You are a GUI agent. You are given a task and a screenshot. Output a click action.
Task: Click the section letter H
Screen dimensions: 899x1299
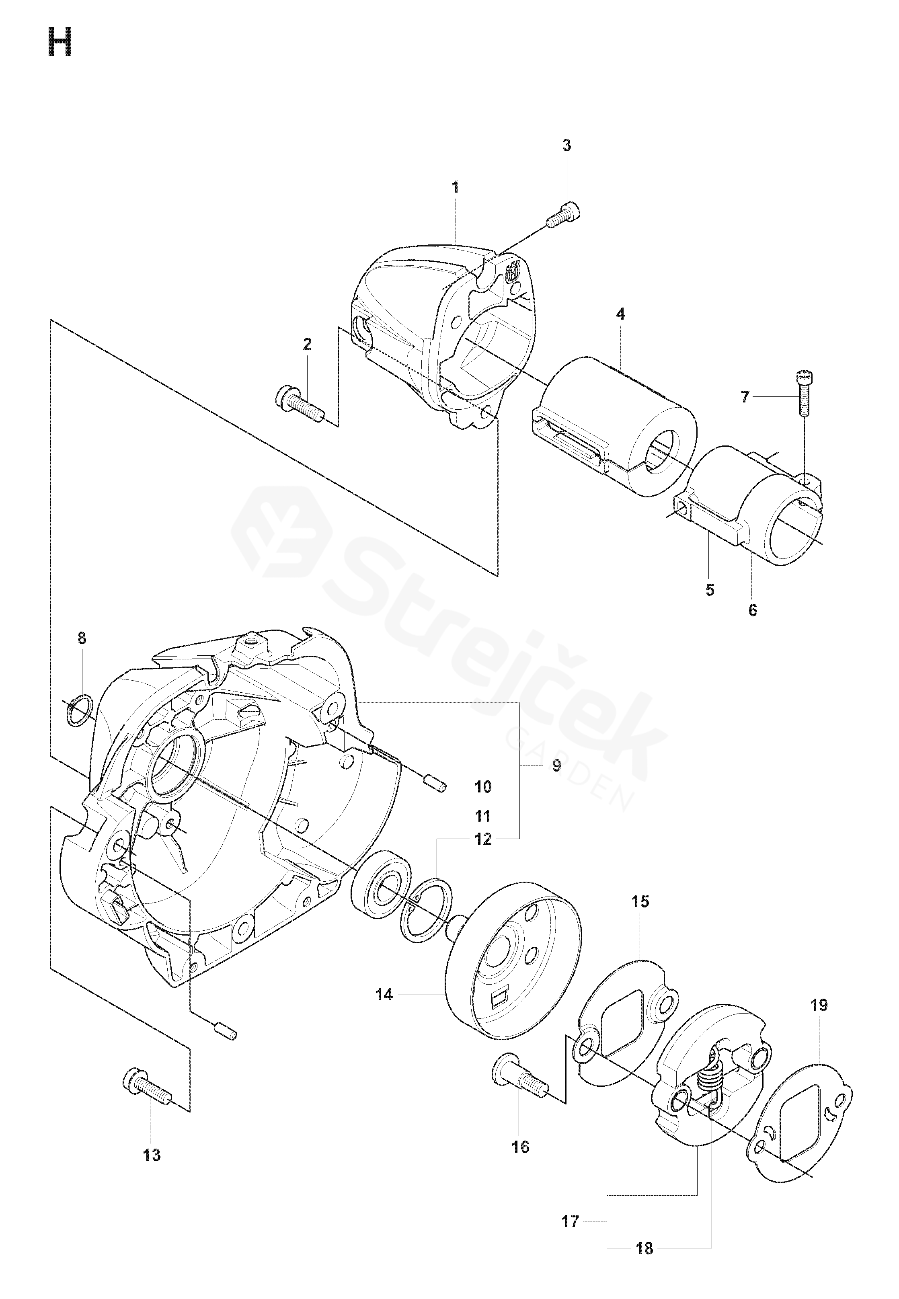tap(60, 43)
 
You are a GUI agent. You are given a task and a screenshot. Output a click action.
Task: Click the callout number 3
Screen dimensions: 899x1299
tap(566, 145)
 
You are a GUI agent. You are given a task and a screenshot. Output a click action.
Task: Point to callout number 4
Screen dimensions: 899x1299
tap(620, 314)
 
